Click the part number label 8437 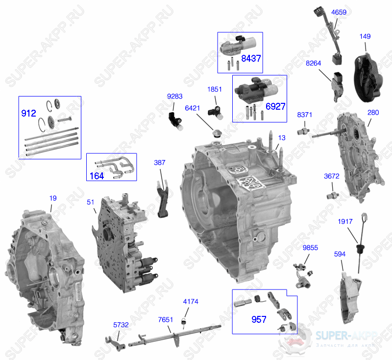(251, 58)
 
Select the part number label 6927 (275, 106)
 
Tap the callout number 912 (29, 113)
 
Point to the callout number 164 (97, 176)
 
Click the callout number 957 (259, 319)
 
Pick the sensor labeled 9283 (175, 120)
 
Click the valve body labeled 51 (122, 240)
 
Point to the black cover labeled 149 (370, 78)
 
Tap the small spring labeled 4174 (184, 320)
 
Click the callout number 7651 (166, 319)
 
